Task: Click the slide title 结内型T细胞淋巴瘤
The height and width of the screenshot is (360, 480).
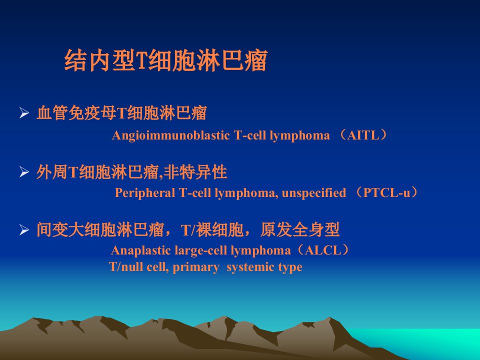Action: click(x=166, y=60)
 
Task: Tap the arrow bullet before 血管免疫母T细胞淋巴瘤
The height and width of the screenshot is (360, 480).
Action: click(x=24, y=113)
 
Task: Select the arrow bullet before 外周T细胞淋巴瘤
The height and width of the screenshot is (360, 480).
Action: click(x=24, y=171)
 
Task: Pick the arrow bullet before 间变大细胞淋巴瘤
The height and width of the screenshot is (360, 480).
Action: click(x=24, y=230)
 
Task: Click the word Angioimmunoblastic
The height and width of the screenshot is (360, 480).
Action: click(x=171, y=135)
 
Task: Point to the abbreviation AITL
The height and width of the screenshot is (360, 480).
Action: click(x=363, y=135)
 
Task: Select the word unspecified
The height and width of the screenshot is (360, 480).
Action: click(x=314, y=193)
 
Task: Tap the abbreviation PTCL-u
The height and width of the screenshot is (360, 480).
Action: click(x=386, y=193)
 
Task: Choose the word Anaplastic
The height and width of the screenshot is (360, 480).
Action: click(x=141, y=250)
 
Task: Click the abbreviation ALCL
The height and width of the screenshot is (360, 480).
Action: click(x=322, y=250)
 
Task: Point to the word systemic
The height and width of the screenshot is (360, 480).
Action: click(x=250, y=267)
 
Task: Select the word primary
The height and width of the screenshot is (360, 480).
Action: click(x=196, y=267)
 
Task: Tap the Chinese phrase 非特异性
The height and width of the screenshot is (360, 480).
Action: click(x=195, y=171)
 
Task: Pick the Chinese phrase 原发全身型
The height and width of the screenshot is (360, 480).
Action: click(x=300, y=229)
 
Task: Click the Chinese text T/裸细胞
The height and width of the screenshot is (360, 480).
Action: click(x=212, y=230)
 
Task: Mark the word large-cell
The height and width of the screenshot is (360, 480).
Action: click(x=201, y=250)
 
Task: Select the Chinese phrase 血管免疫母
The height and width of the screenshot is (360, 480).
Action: click(x=76, y=112)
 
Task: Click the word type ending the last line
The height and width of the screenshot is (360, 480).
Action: click(x=290, y=267)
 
